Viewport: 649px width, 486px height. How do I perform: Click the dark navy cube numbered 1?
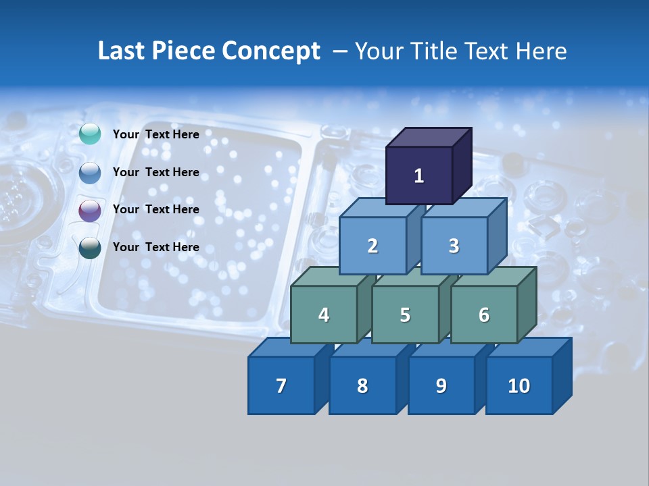pos(419,175)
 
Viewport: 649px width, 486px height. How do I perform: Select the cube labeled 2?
pos(372,246)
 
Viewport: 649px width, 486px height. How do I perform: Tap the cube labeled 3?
pos(454,246)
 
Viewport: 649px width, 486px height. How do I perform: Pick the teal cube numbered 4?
pos(324,315)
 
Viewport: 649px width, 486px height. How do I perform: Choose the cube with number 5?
pos(405,315)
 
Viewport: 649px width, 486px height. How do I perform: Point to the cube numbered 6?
pos(484,315)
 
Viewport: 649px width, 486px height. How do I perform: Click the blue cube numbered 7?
pos(281,385)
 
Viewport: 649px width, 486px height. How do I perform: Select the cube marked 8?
pos(362,385)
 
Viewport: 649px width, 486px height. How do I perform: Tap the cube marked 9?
pos(441,385)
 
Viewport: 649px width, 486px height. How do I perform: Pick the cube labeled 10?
pos(519,385)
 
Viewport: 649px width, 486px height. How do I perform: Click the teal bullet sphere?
pos(90,134)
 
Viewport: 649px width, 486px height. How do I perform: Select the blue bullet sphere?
pos(90,173)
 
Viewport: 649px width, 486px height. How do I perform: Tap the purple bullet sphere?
pos(90,211)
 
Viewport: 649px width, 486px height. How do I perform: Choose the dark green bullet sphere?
pos(90,248)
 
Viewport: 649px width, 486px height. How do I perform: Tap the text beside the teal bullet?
pos(156,134)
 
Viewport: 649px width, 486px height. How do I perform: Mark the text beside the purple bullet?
pos(156,209)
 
